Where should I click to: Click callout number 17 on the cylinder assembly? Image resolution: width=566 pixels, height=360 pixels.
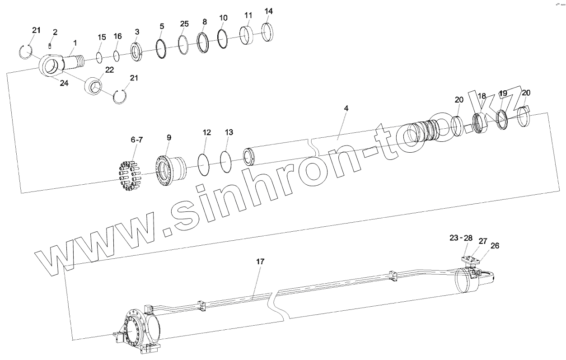tap(260, 262)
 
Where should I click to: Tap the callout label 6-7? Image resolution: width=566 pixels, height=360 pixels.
tap(136, 140)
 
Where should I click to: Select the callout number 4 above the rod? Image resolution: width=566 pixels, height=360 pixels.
tap(346, 109)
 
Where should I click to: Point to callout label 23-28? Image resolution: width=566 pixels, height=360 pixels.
tap(461, 238)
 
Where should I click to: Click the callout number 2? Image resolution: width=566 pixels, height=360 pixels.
tap(55, 32)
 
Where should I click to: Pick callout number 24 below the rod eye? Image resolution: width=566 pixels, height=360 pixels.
tap(64, 84)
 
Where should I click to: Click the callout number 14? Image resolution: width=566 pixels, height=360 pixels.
tap(268, 11)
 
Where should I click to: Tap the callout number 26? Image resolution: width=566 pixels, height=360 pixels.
tap(495, 246)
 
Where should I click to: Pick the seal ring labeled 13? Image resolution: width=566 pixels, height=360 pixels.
tap(228, 161)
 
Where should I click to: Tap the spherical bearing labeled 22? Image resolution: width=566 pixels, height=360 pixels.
tap(95, 85)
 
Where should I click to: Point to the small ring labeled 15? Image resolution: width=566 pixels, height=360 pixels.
tap(100, 58)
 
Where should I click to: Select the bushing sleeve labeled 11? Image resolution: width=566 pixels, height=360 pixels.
tap(247, 35)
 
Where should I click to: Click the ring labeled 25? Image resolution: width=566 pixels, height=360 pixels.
tap(183, 44)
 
